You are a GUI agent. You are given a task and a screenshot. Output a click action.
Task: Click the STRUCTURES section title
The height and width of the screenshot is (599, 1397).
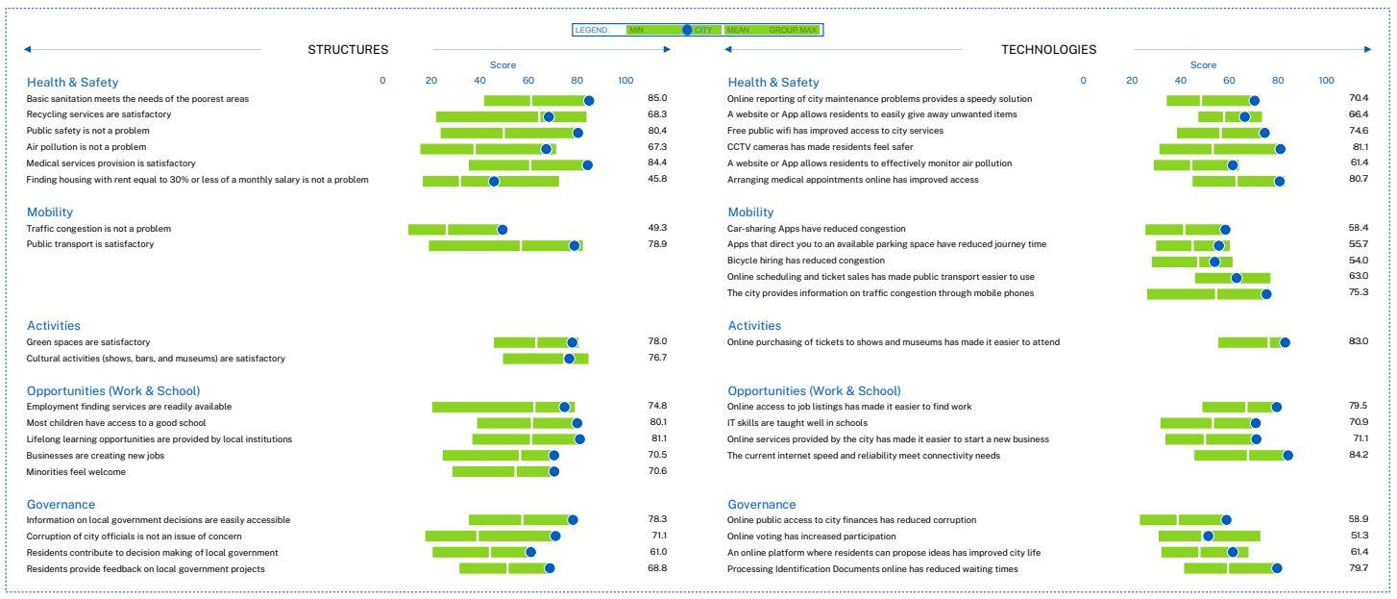(x=348, y=50)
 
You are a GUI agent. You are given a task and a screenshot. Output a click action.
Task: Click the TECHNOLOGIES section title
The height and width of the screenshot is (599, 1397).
(x=1048, y=50)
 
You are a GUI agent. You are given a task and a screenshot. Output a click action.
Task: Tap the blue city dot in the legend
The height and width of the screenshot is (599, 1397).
(x=687, y=30)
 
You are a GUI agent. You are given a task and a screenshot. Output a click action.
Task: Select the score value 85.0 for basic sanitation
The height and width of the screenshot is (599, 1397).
(x=657, y=98)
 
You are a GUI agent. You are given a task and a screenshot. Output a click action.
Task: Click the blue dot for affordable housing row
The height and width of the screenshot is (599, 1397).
(x=494, y=181)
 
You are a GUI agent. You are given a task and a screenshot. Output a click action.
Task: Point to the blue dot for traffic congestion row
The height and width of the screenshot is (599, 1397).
(x=502, y=230)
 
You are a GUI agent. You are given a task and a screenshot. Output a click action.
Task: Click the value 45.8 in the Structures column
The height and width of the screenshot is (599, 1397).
(x=657, y=180)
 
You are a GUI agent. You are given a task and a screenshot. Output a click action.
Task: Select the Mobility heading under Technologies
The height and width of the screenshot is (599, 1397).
(x=750, y=212)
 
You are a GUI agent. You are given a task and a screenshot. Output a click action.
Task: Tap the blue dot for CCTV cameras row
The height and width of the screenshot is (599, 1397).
(x=1280, y=148)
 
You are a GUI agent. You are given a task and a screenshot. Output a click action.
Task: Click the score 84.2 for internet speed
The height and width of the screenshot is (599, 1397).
(x=1358, y=456)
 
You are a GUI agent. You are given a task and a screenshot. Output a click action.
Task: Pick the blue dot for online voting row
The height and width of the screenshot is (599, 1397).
(x=1208, y=537)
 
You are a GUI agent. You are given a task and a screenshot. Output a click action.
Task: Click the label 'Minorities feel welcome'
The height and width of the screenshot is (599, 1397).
(x=76, y=472)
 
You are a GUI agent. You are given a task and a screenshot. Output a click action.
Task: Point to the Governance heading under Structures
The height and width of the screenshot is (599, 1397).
(x=61, y=505)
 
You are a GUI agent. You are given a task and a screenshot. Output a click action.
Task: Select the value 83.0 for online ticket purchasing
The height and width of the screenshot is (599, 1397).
(x=1358, y=341)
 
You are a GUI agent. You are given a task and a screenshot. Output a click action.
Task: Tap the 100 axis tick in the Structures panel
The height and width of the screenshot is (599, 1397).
(x=625, y=80)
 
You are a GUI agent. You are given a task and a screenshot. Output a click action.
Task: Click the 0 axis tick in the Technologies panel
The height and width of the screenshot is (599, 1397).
(x=1083, y=80)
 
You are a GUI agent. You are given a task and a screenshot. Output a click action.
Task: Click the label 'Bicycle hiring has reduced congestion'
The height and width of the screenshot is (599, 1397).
(x=806, y=261)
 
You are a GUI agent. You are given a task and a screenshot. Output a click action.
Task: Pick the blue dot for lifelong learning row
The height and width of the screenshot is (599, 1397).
(x=579, y=439)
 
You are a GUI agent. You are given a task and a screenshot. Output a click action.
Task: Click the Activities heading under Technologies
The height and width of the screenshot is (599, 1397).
(x=754, y=326)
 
